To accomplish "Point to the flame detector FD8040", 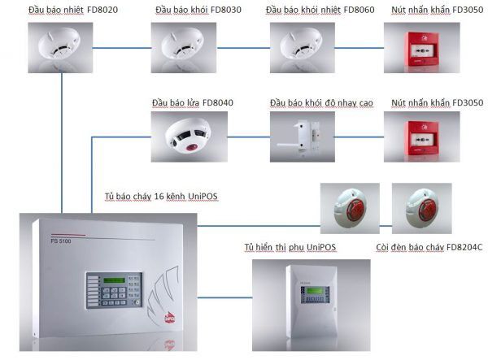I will (186, 134).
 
